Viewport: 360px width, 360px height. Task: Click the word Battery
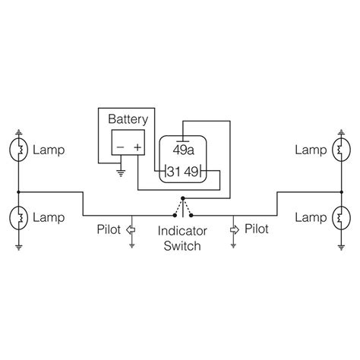128,119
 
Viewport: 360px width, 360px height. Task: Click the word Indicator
180,231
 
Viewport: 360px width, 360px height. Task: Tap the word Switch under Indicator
180,246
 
